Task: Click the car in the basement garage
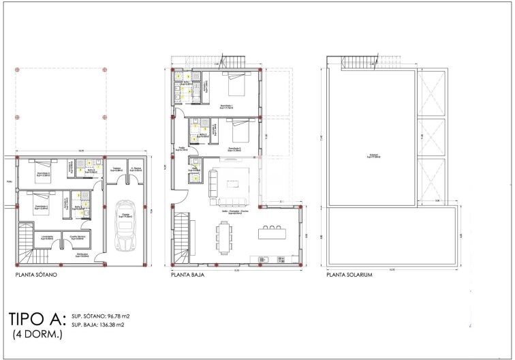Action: pos(124,226)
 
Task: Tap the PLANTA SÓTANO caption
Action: pos(36,275)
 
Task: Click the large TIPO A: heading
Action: pos(37,319)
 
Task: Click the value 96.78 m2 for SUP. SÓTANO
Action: pos(111,316)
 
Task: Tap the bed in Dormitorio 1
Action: pos(236,87)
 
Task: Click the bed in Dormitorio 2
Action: pos(238,130)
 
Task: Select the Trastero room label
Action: pos(116,169)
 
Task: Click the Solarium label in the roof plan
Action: pos(372,156)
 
